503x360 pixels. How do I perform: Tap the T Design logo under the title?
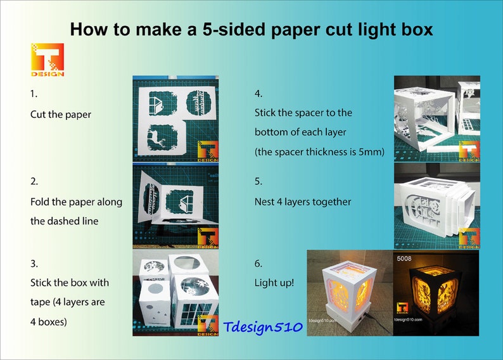[48, 60]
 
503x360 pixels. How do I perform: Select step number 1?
[34, 93]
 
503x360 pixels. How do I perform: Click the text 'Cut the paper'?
[61, 115]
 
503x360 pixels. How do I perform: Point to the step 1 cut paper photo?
[175, 119]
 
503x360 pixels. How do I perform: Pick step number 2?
[34, 181]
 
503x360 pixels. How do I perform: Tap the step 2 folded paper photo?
[175, 206]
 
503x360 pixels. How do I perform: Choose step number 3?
[34, 262]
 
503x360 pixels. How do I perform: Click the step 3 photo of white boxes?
[175, 293]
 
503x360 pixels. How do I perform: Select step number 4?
[258, 93]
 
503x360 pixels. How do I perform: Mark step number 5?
[258, 181]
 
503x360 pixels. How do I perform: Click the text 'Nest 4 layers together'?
[303, 202]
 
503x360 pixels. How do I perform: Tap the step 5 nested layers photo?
[436, 206]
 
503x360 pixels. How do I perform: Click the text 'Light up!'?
[274, 282]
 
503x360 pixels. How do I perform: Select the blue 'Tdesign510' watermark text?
[262, 327]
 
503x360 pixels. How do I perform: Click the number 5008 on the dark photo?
[405, 259]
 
